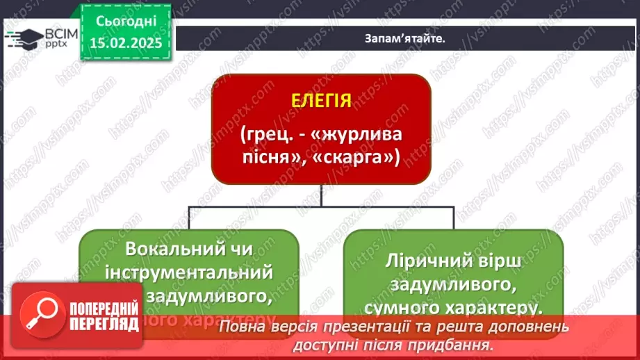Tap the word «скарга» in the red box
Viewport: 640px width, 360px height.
click(362, 158)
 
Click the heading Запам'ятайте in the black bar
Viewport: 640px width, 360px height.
click(404, 39)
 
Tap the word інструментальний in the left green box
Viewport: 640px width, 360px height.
click(189, 272)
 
